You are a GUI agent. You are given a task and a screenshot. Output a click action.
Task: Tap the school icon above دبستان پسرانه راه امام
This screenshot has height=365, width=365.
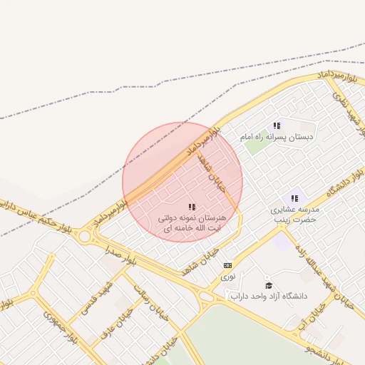[277, 125]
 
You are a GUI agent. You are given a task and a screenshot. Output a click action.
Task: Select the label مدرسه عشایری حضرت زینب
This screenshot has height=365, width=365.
[294, 215]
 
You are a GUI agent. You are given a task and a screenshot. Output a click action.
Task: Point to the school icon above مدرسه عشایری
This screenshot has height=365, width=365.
[294, 198]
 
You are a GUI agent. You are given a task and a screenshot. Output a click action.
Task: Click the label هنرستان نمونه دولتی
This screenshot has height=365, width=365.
[190, 222]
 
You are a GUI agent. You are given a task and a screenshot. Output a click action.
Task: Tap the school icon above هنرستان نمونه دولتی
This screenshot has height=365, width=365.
[192, 207]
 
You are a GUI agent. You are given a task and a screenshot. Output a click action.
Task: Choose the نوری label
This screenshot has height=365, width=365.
[227, 275]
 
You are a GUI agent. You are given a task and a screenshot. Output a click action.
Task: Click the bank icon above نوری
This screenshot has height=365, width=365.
[227, 265]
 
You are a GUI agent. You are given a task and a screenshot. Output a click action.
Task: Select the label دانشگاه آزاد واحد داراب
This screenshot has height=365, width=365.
[274, 296]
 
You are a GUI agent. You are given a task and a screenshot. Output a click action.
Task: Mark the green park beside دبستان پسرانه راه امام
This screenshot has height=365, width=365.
[254, 146]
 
